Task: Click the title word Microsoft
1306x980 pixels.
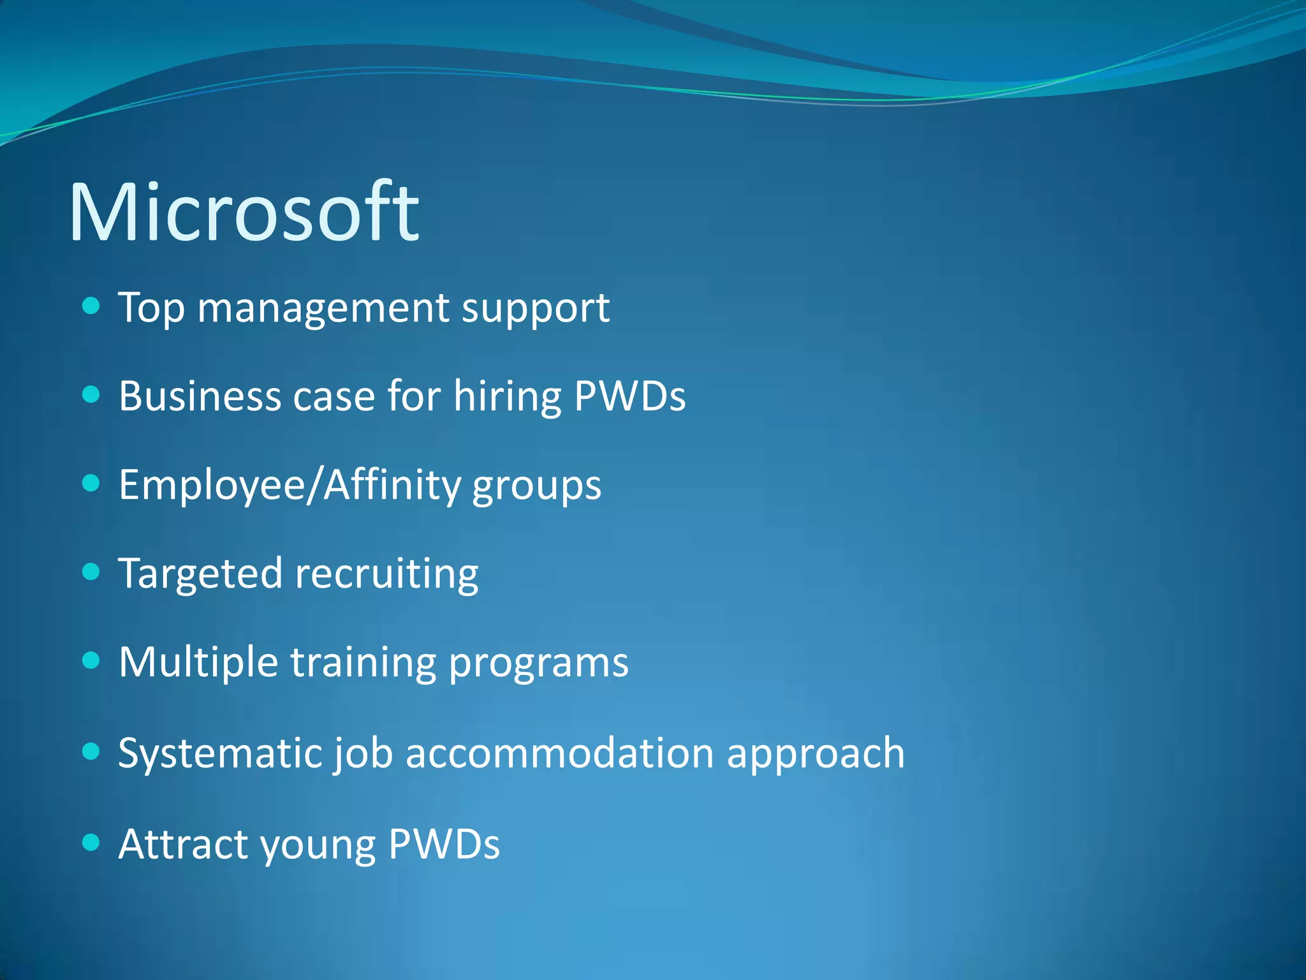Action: click(x=244, y=212)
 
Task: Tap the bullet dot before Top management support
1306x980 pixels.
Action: click(x=92, y=306)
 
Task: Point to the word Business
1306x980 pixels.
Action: click(x=200, y=396)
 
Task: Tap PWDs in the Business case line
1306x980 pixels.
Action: click(x=629, y=396)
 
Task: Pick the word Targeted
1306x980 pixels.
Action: click(x=200, y=574)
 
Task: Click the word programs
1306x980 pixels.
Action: click(x=539, y=665)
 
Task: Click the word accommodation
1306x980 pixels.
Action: click(x=559, y=753)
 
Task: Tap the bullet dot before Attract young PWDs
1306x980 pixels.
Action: click(x=92, y=842)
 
